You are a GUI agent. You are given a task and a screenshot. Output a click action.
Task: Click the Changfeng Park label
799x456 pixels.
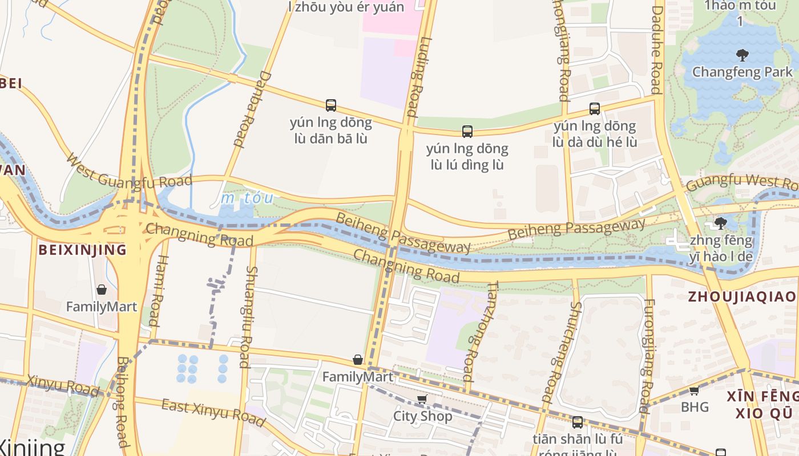(742, 72)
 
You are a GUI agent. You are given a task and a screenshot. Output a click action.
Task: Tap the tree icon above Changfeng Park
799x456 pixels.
(742, 55)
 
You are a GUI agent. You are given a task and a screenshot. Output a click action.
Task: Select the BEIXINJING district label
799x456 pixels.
(82, 250)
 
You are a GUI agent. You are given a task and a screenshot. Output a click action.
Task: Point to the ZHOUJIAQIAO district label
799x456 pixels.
(741, 296)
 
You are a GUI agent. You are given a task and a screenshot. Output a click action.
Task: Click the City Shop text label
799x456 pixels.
(423, 416)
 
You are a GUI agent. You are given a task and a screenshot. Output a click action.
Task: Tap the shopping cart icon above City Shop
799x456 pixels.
(422, 400)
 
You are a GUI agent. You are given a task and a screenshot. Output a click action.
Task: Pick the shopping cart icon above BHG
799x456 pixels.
(694, 390)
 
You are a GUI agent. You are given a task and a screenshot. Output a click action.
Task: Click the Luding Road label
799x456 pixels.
(415, 77)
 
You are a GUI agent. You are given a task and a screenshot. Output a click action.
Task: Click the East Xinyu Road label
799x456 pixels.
(213, 413)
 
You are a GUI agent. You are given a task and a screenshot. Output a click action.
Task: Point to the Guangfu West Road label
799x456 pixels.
(742, 184)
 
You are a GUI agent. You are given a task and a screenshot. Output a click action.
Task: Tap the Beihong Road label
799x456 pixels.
(121, 402)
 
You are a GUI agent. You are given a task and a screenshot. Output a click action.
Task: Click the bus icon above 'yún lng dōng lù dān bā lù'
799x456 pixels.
(331, 105)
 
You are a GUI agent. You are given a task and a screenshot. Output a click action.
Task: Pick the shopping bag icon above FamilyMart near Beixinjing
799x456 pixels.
(102, 290)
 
